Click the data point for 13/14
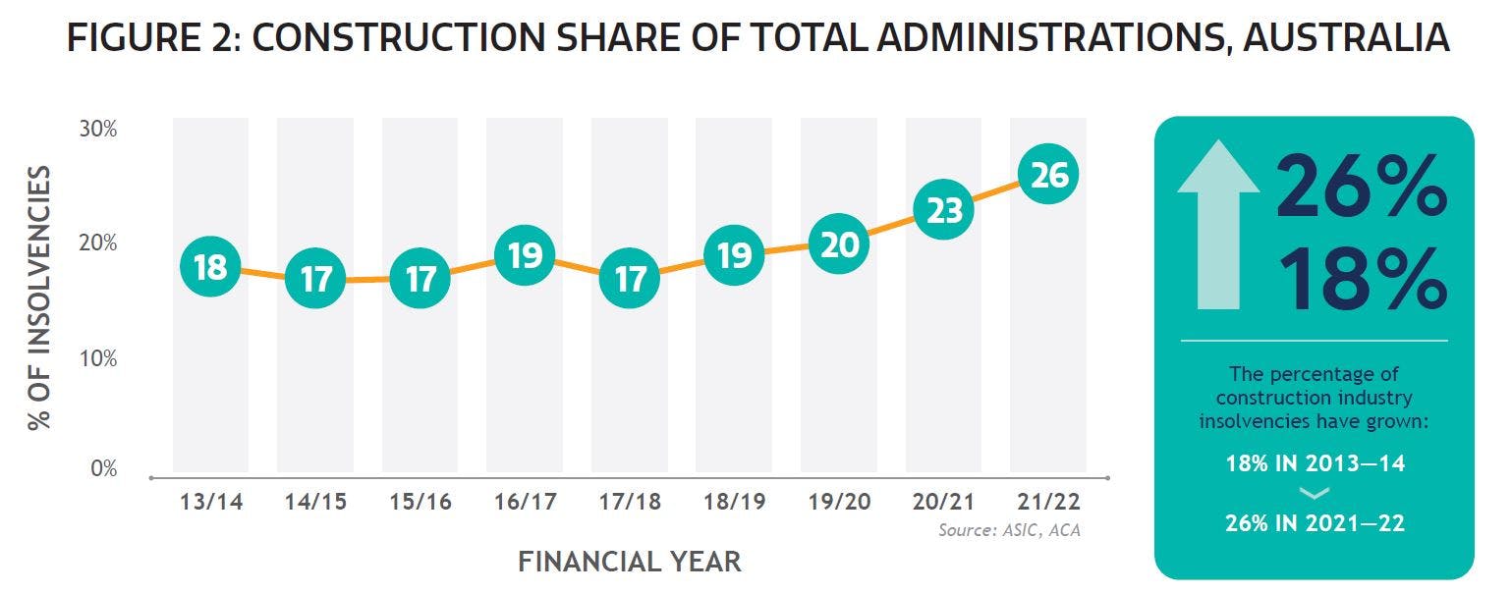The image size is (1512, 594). tap(210, 267)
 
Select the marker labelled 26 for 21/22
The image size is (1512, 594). tap(1048, 175)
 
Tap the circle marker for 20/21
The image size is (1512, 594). tap(943, 210)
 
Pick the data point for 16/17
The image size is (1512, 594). tap(525, 256)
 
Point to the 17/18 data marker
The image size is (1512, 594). tap(630, 279)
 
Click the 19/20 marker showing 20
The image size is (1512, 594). tap(839, 244)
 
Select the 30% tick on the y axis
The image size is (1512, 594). tap(98, 129)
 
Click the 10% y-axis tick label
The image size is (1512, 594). tap(98, 358)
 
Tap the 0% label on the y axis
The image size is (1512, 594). tap(103, 468)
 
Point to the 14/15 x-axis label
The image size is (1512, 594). tap(315, 502)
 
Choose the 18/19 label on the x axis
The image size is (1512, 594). tap(734, 502)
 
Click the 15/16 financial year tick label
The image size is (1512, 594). tap(420, 502)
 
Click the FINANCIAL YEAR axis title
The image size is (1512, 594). tap(629, 562)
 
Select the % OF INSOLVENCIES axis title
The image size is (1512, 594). tap(39, 298)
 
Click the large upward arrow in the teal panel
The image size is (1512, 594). tap(1217, 225)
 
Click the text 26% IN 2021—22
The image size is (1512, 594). tap(1315, 523)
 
